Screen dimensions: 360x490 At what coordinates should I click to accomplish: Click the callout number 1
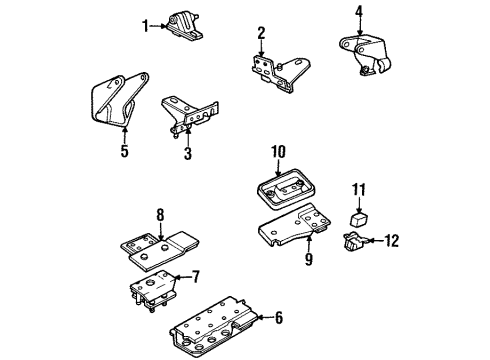(x=144, y=26)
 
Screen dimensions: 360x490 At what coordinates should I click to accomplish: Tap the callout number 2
(x=261, y=33)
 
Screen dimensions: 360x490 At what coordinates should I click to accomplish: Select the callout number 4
(x=358, y=13)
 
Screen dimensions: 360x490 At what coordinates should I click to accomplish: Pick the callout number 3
(x=187, y=153)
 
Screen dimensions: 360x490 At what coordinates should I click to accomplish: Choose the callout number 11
(x=359, y=187)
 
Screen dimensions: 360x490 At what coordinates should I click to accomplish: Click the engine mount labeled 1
(x=181, y=25)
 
